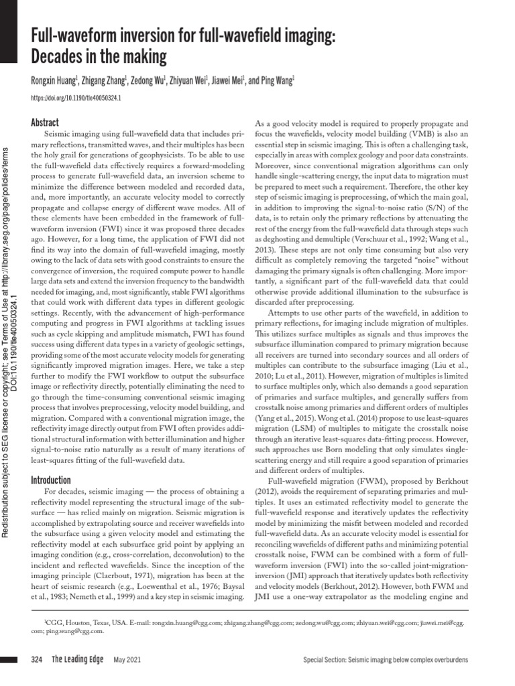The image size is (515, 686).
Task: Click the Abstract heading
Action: point(46,123)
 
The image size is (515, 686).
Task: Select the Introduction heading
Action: point(51,480)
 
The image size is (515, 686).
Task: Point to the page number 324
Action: point(38,660)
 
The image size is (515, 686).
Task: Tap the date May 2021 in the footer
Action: point(126,661)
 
